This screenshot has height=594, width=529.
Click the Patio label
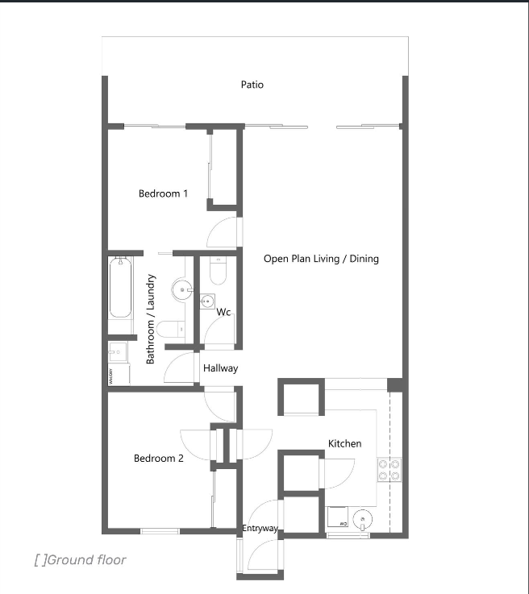pos(252,85)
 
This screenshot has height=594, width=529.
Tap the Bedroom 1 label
pos(163,193)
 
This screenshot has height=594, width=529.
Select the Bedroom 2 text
pos(158,459)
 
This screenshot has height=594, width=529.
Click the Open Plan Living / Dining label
pos(321,259)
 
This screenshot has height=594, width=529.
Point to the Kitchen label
pos(344,443)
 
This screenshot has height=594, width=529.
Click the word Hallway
pos(220,368)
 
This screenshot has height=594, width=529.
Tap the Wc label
pos(223,312)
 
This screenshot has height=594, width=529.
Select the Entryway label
pos(260,528)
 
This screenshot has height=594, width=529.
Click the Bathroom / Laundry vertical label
pos(151,319)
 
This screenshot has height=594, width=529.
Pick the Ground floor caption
pos(81,560)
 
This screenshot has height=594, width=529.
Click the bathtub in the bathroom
pos(120,288)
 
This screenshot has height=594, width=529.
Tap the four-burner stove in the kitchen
pos(389,470)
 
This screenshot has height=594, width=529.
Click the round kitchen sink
pos(362,519)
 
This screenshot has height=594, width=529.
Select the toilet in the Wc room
pos(218,271)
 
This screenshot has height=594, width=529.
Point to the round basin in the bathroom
pos(182,290)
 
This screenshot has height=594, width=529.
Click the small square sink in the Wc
pos(207,301)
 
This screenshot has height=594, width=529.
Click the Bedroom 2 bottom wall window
pos(160,531)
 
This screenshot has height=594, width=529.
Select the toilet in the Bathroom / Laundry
pos(170,329)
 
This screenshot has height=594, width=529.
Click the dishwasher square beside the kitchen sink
pos(338,517)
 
